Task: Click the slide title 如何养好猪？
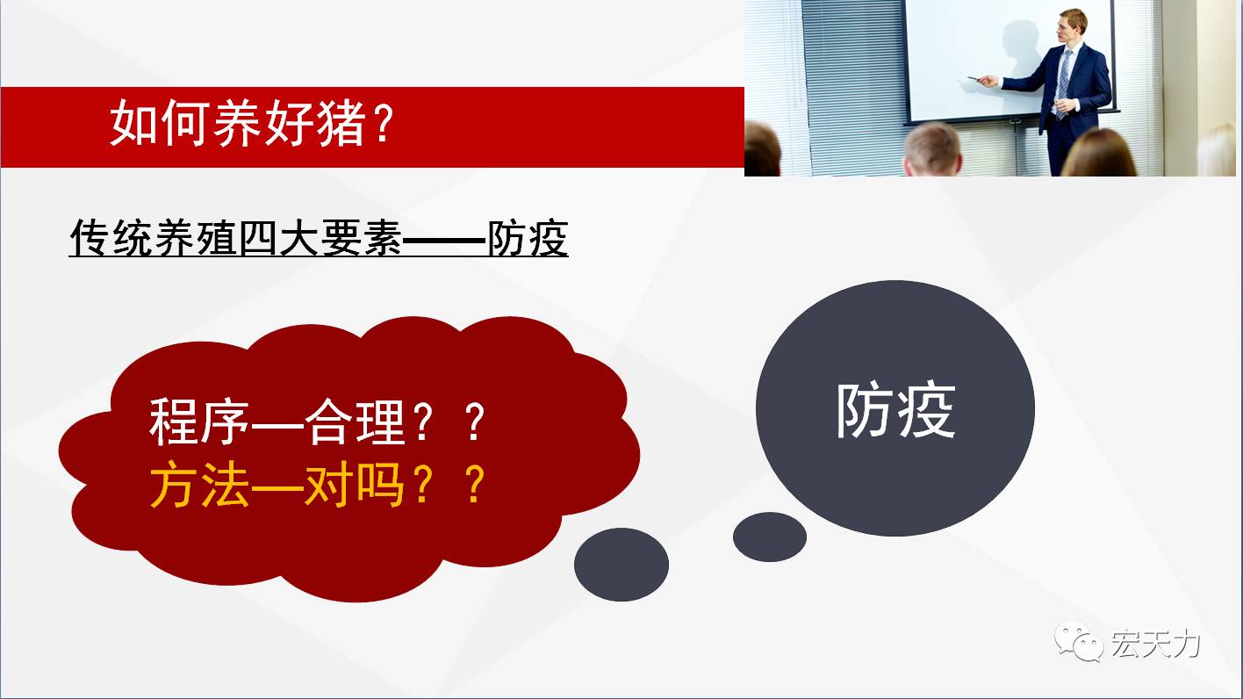(253, 123)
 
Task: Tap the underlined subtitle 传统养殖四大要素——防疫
(319, 238)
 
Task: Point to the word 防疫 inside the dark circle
(895, 410)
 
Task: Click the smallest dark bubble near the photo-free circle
(770, 537)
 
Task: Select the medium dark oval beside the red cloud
(621, 564)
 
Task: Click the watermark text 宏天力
(1155, 644)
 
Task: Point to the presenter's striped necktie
(1063, 83)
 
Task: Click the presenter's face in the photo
(1067, 29)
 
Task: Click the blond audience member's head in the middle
(933, 150)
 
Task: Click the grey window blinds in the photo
(855, 83)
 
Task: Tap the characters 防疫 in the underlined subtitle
(528, 238)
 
